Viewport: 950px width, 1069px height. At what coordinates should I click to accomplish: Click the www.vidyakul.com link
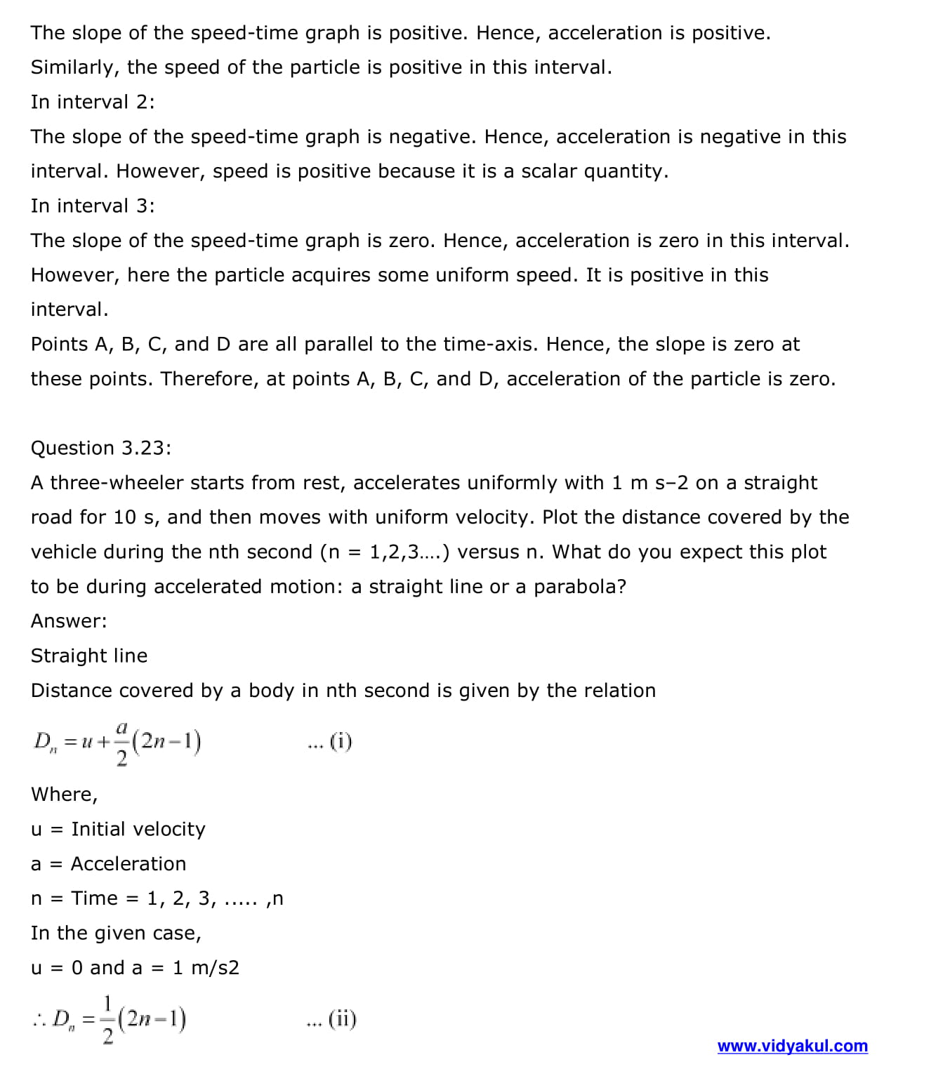click(x=792, y=1046)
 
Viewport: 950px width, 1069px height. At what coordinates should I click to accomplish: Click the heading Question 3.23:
click(x=100, y=448)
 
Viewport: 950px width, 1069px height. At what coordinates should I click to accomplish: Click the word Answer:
click(x=69, y=620)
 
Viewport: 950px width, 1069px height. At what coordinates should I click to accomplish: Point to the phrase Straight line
click(x=89, y=656)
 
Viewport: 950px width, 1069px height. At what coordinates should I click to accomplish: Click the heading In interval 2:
click(x=93, y=102)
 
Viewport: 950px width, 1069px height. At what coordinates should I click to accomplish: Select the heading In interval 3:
click(x=93, y=206)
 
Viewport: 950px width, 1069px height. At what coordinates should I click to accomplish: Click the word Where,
click(x=65, y=795)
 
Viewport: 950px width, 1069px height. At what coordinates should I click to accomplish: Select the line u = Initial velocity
click(x=118, y=829)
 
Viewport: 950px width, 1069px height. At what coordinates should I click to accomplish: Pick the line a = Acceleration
click(x=108, y=863)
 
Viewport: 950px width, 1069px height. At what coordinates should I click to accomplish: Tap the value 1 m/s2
click(x=206, y=968)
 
